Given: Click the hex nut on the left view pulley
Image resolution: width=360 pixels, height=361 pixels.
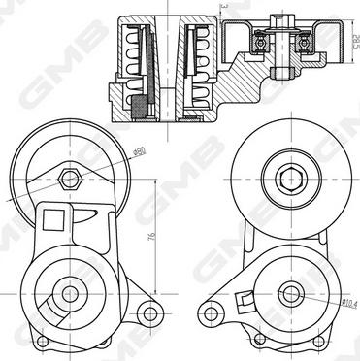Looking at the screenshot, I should [68, 179].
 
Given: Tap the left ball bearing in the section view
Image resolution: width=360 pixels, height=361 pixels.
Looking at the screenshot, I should [261, 43].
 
